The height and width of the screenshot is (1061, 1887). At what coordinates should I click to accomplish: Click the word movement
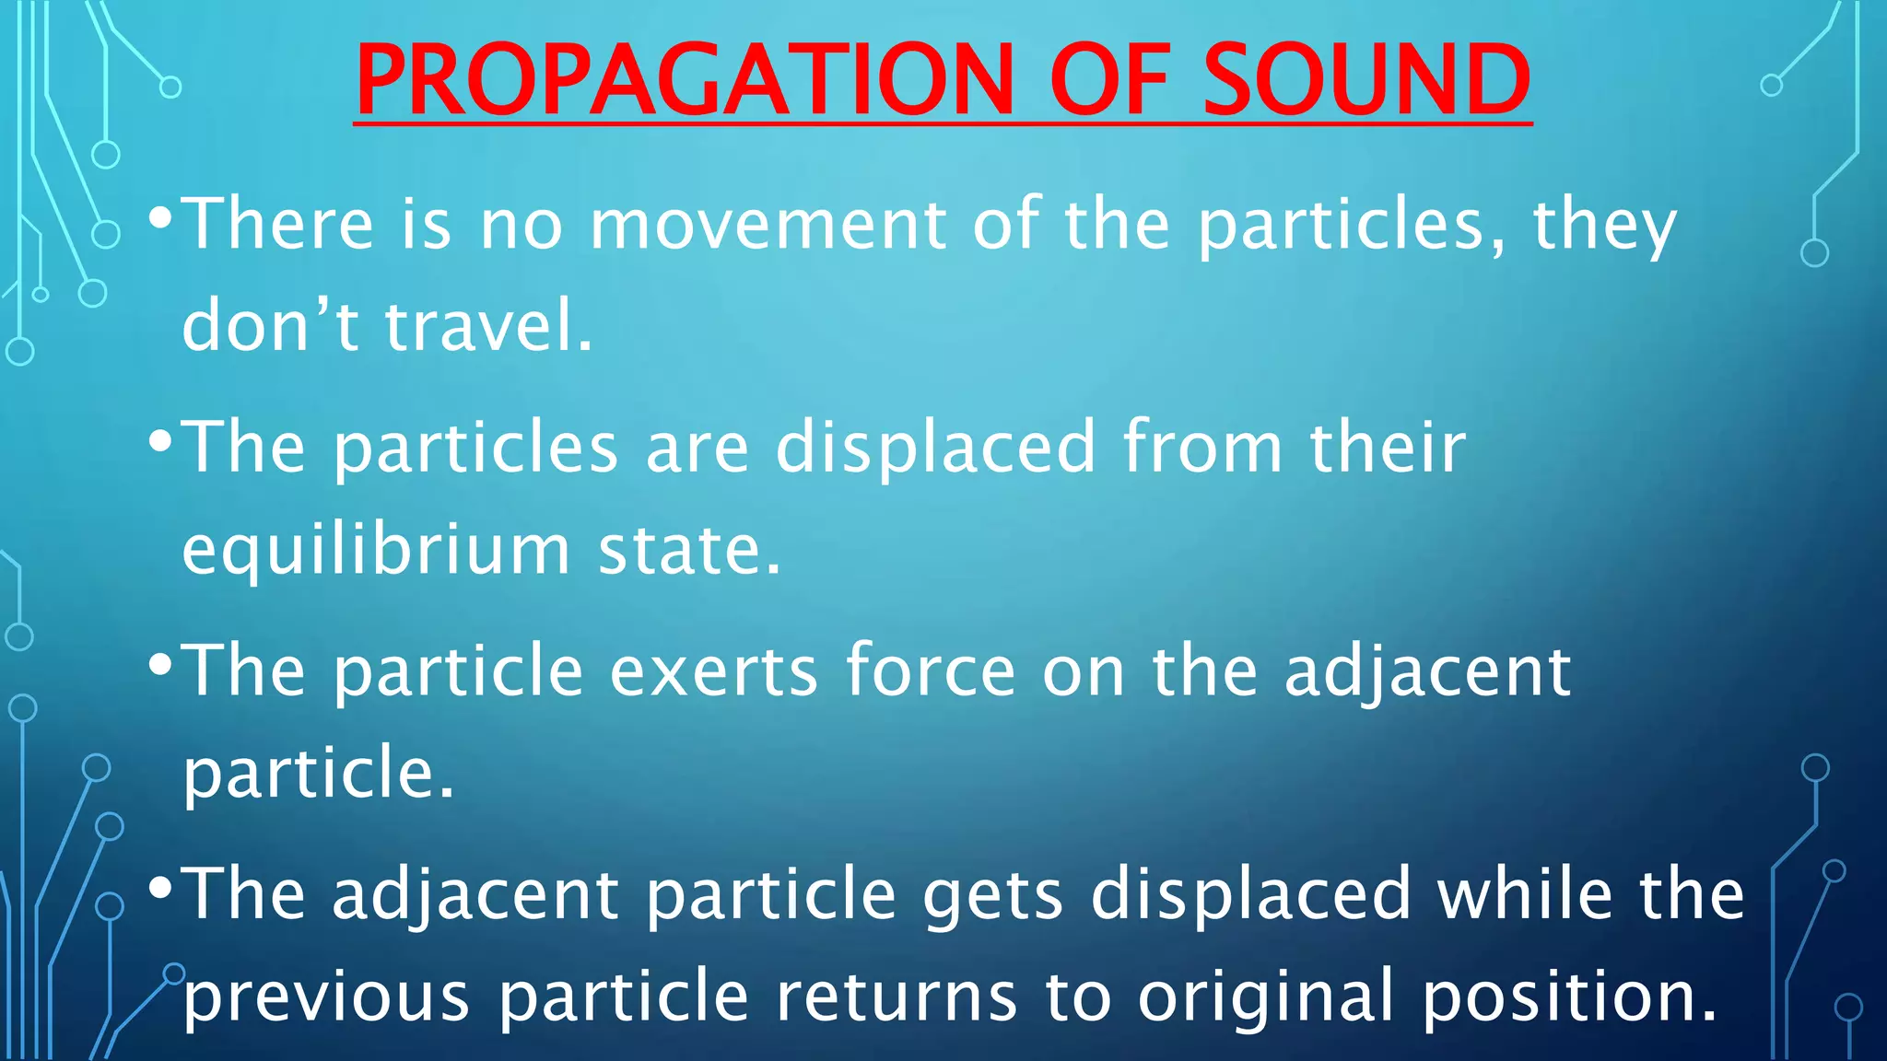pos(768,225)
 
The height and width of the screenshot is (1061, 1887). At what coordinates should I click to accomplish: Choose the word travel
pos(488,326)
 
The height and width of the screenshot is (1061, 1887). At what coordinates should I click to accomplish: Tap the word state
pos(689,551)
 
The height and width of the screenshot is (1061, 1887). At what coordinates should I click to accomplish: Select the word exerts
pos(713,671)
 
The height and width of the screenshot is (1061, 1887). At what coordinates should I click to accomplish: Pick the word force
pos(931,671)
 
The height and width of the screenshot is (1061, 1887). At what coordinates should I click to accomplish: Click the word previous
pos(327,997)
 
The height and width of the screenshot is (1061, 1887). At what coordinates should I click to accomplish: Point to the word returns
pos(896,997)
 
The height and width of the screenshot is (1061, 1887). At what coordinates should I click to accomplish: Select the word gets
pos(993,896)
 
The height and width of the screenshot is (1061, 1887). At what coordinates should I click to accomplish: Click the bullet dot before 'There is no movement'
pos(160,219)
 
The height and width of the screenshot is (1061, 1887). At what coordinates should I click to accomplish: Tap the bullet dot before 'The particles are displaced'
pos(160,442)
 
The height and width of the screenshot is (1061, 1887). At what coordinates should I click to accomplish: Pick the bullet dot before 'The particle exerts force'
pos(160,665)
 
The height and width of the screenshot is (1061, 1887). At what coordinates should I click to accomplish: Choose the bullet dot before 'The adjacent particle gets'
pos(160,888)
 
